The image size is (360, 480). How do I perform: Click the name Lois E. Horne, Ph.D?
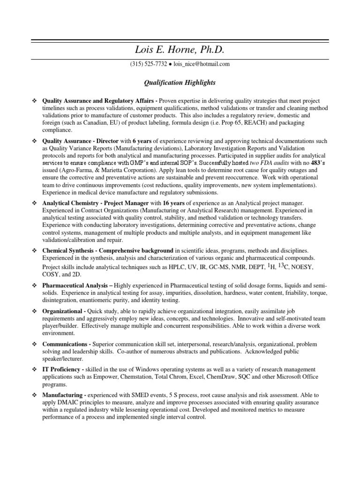coord(180,50)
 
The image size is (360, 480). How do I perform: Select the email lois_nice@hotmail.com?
coord(202,64)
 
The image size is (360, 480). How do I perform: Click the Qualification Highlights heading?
coord(180,82)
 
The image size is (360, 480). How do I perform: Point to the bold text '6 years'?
coord(142,141)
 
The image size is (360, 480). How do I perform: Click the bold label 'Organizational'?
coord(64,311)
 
